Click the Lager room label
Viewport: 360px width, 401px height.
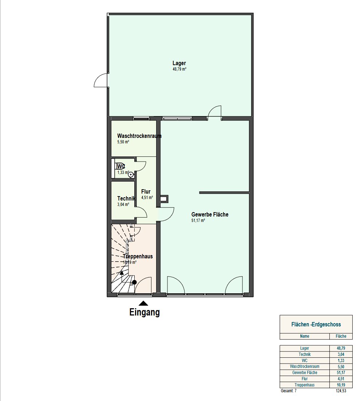coord(179,63)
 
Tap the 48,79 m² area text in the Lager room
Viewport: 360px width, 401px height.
coord(179,69)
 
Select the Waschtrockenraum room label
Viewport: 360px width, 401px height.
coord(139,136)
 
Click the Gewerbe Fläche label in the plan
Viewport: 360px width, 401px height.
coord(210,214)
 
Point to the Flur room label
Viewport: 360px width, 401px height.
coord(146,191)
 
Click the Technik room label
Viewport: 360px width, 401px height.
coord(126,198)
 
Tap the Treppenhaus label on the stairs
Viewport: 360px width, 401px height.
coord(138,256)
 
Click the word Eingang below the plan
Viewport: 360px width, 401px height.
coord(145,312)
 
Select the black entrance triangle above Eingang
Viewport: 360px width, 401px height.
coord(143,303)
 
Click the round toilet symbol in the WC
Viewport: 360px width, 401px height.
coord(131,175)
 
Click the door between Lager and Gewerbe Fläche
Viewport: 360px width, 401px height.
coord(214,113)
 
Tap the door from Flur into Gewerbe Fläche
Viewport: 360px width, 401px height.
coord(167,214)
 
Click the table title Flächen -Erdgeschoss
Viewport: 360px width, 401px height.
coord(316,325)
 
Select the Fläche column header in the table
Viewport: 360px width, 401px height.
coord(341,336)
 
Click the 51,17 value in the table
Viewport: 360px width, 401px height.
coord(341,373)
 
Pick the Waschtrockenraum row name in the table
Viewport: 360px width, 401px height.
coord(304,366)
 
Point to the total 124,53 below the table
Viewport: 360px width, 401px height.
coord(341,391)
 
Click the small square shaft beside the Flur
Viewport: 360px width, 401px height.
coord(164,199)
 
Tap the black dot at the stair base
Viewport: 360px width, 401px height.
coord(134,282)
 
